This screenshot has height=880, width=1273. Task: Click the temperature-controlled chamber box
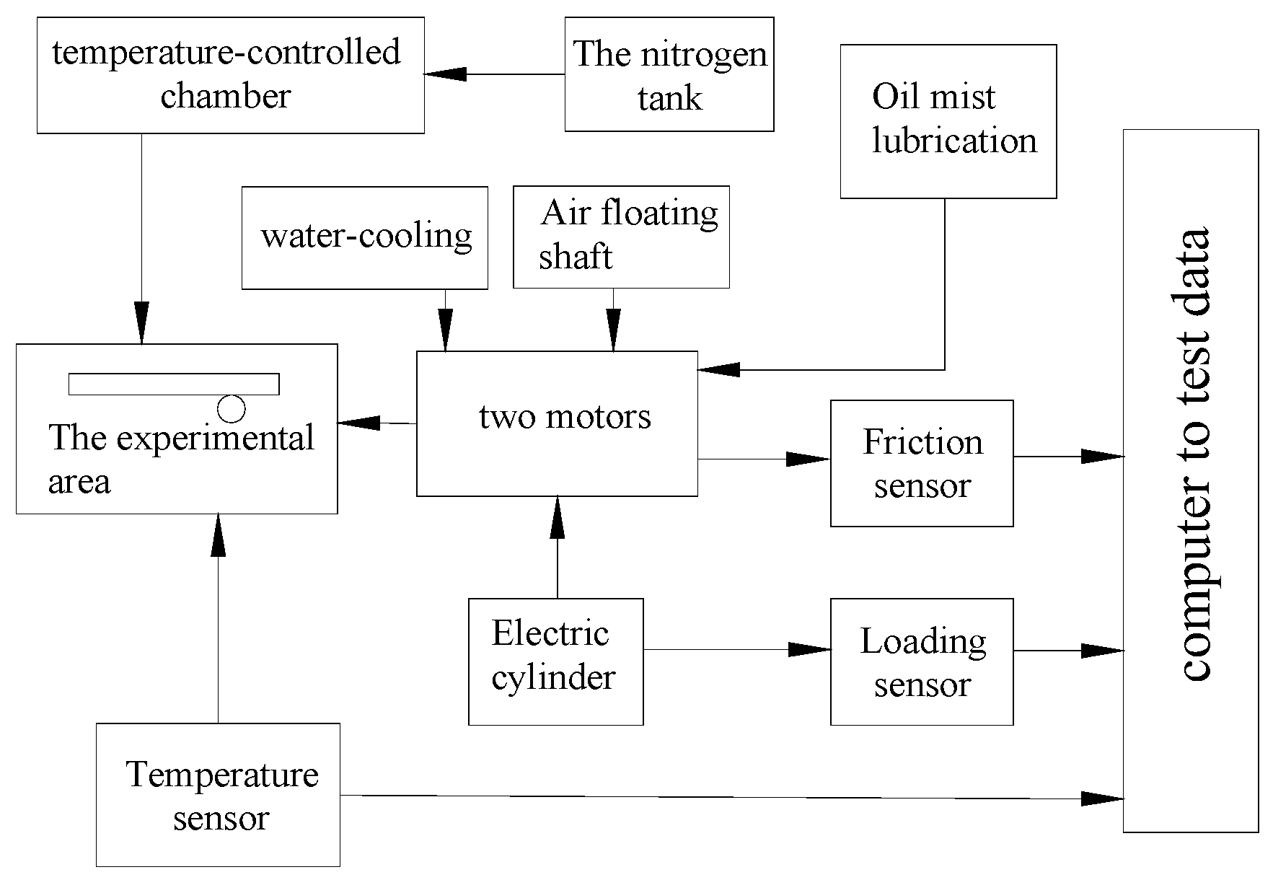(x=230, y=75)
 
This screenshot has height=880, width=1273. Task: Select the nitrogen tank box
(x=669, y=74)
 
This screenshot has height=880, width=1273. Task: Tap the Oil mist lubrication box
(x=948, y=121)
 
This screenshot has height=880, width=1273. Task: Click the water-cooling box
(x=364, y=237)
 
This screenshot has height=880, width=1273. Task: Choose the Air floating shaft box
(x=621, y=237)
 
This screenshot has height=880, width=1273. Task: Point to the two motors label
(x=565, y=417)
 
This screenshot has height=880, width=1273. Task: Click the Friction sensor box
(x=921, y=463)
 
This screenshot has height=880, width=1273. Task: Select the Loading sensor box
(x=921, y=661)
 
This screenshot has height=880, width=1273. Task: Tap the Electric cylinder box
(x=555, y=661)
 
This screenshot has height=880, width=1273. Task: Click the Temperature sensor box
(x=218, y=794)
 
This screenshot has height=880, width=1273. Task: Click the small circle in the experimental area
(x=231, y=409)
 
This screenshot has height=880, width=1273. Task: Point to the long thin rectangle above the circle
(x=174, y=384)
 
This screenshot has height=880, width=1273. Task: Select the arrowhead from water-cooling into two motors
(x=445, y=331)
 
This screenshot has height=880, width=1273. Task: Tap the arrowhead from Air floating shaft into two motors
(x=613, y=331)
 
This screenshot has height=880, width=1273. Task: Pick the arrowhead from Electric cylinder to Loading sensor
(x=809, y=649)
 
